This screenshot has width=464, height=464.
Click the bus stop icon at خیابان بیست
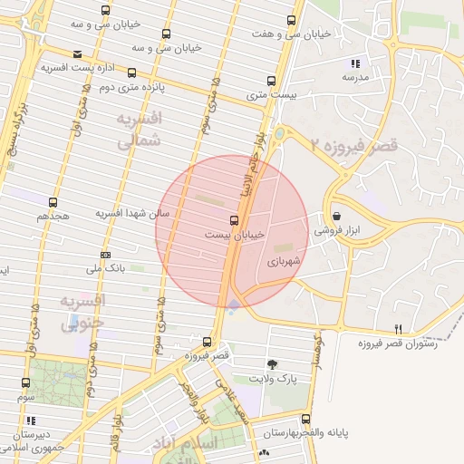click(236, 220)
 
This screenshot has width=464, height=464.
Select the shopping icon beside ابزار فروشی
click(338, 217)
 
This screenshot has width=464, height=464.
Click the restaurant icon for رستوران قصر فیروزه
click(398, 329)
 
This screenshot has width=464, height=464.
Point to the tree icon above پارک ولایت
click(273, 363)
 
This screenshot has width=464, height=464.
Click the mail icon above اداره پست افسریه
click(77, 53)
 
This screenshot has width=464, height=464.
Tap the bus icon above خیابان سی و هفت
click(291, 19)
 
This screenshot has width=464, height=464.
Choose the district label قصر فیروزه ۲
click(354, 145)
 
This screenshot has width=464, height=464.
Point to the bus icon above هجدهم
click(53, 202)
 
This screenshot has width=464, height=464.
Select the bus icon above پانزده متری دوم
click(132, 72)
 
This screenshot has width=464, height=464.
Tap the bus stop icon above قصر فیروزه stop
click(208, 342)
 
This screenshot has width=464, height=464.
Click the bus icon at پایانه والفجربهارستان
click(305, 420)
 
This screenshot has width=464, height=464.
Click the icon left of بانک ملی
click(106, 255)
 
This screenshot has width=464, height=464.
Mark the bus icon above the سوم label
click(24, 383)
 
